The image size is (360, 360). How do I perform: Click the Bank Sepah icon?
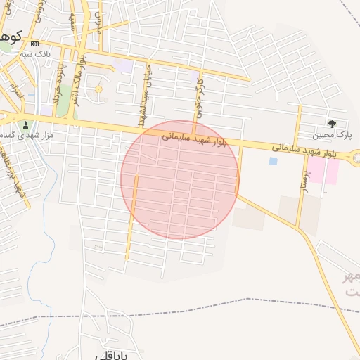pyautogui.click(x=35, y=44)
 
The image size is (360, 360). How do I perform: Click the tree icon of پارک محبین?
pyautogui.click(x=342, y=123)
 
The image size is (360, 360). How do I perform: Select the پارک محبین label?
pyautogui.click(x=337, y=134)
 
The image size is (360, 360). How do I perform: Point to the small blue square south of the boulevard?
pyautogui.click(x=273, y=161)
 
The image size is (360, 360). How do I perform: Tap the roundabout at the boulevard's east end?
pyautogui.click(x=354, y=157)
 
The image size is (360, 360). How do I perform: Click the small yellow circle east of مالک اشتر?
pyautogui.click(x=98, y=89)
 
